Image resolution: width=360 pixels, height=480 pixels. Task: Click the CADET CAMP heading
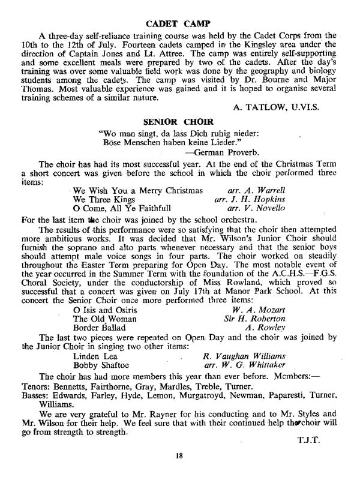click(x=180, y=24)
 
